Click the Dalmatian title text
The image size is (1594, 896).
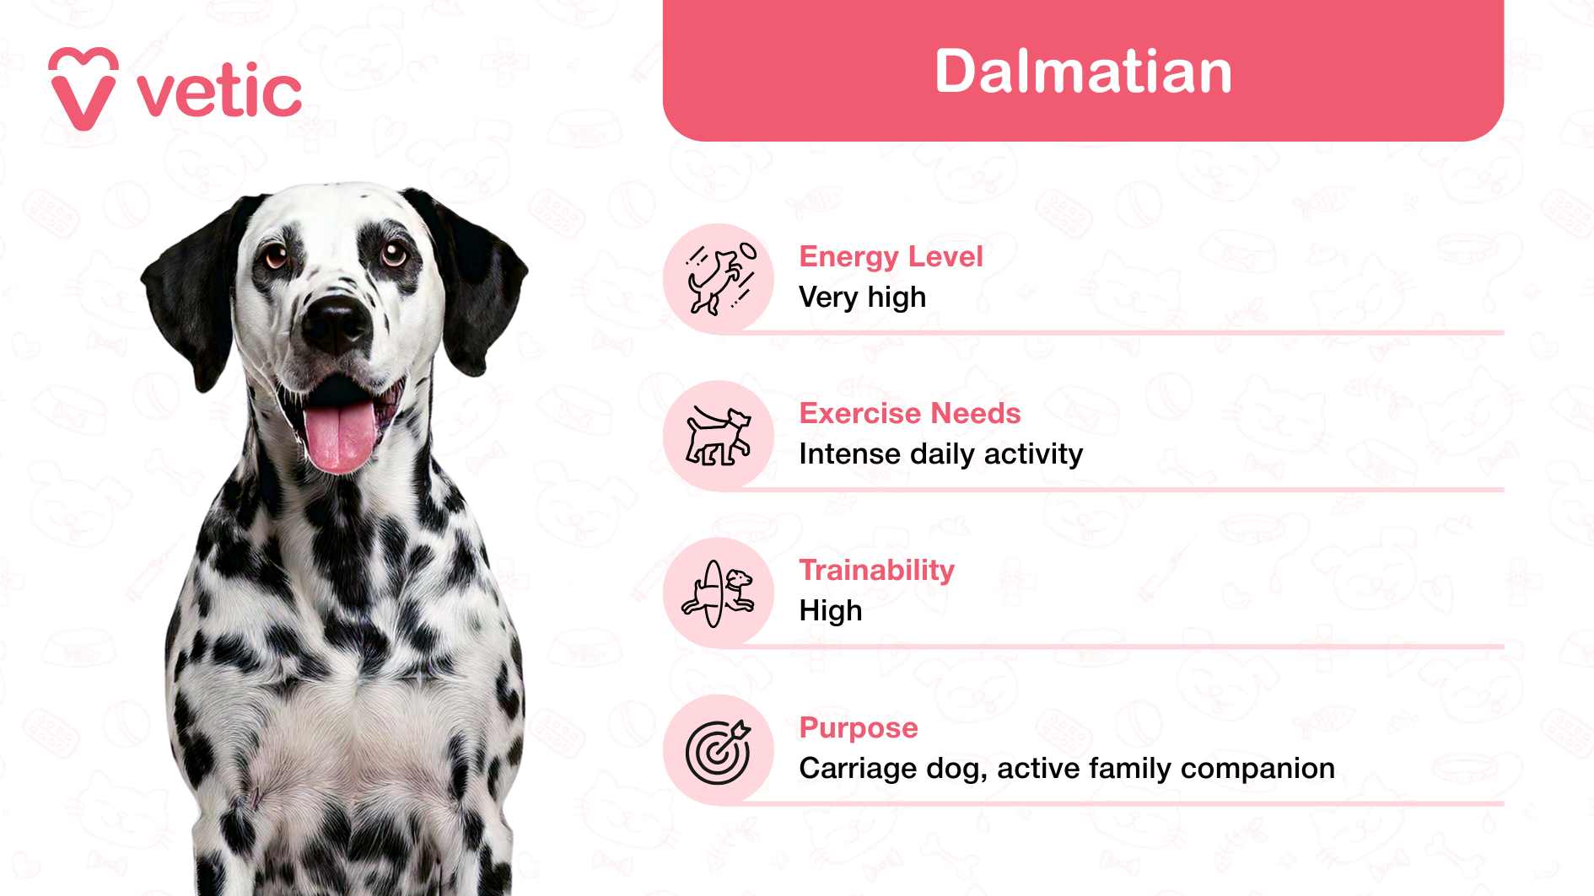pos(1083,72)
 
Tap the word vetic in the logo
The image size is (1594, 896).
pos(219,93)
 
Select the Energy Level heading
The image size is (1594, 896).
pos(891,256)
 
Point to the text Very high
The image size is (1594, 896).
pos(862,298)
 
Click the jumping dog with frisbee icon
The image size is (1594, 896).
pos(719,279)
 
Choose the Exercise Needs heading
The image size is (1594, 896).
pos(909,413)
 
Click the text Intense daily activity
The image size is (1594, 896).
pos(940,454)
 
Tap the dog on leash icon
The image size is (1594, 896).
pos(719,436)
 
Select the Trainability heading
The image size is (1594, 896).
pos(876,570)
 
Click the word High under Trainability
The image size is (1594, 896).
pos(831,611)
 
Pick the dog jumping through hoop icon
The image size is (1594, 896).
pos(719,593)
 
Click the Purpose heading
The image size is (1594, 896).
pos(858,727)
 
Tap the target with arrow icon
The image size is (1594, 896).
pos(719,751)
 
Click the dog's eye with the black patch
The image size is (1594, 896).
pos(393,253)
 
